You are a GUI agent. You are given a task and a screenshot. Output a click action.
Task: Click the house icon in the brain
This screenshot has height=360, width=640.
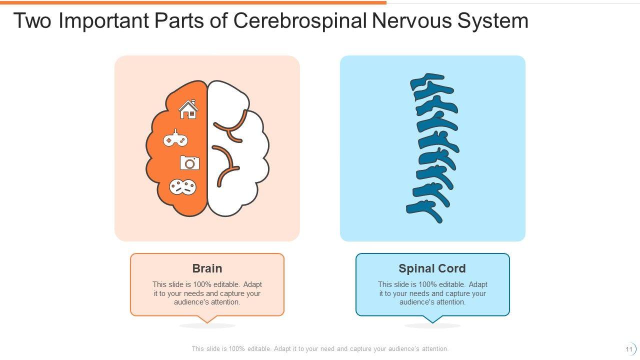coord(188,109)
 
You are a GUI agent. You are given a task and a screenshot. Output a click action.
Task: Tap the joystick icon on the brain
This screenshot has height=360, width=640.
coord(175,139)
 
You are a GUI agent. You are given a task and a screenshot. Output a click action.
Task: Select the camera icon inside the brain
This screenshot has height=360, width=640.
coord(189,163)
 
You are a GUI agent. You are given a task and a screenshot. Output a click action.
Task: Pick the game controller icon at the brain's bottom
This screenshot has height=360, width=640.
coord(182,187)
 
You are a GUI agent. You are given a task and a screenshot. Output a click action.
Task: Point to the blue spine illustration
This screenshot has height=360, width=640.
coord(432,148)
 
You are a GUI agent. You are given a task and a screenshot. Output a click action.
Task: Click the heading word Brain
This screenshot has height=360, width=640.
coord(207,268)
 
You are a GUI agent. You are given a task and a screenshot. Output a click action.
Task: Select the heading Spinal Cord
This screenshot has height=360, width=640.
coord(432,268)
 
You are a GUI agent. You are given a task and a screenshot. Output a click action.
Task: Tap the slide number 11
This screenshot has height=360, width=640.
coord(629,349)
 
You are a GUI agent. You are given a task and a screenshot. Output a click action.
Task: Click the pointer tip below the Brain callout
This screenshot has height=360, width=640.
coord(207,321)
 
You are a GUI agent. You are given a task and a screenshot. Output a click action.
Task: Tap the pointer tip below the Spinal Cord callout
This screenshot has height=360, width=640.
coord(432,321)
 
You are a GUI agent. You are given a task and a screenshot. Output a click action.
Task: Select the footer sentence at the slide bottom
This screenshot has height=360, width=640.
coord(320,349)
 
